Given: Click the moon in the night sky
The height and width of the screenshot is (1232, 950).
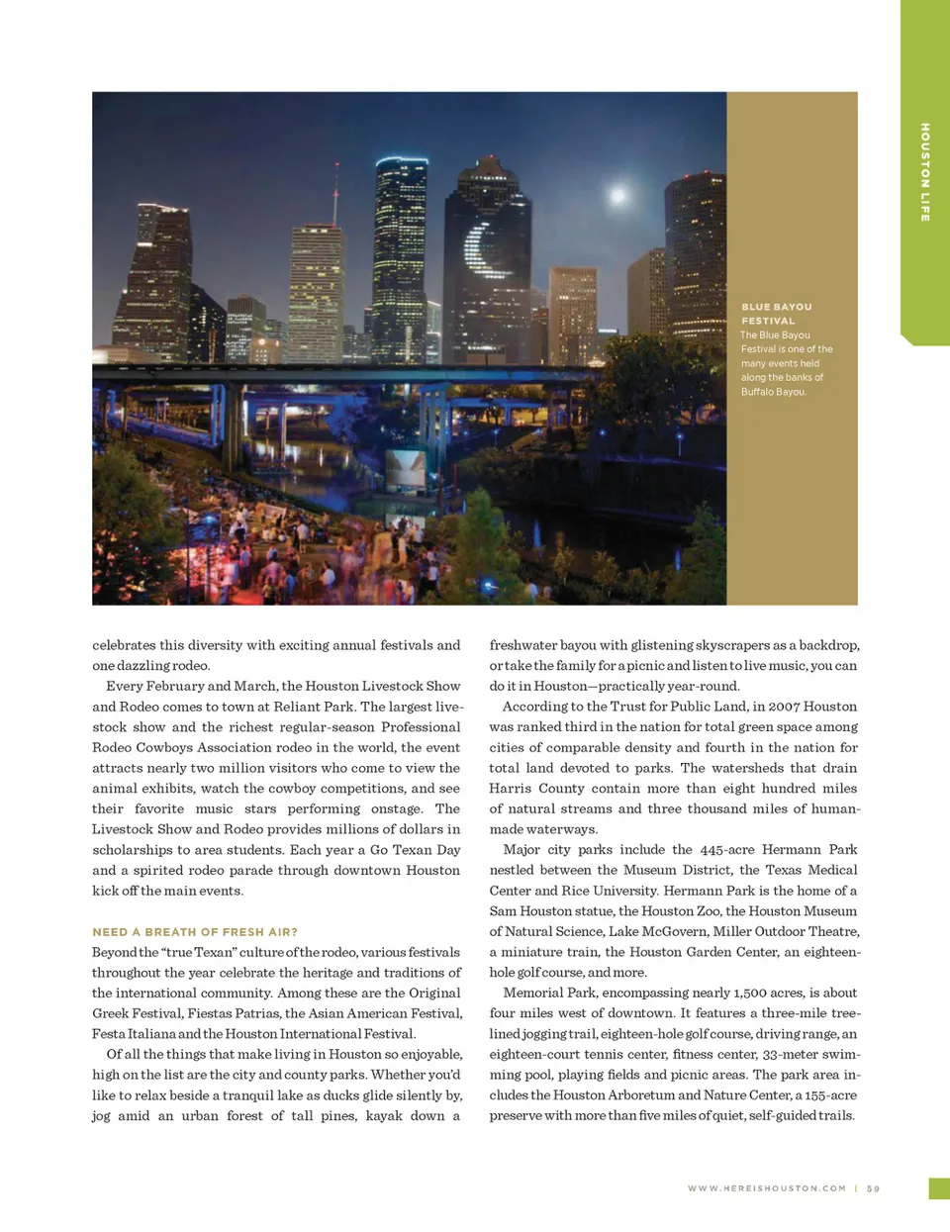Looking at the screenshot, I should point(618,195).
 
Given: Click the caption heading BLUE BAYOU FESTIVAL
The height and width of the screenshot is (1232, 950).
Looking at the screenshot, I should point(777,314).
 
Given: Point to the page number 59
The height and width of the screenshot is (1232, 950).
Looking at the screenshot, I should point(873,1188).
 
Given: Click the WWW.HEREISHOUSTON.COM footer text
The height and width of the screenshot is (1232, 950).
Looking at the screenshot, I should point(767,1188).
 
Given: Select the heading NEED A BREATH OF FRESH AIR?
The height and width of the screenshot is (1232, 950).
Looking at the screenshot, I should point(195,932).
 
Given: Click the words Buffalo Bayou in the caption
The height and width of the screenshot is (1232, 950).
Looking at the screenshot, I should point(774,392).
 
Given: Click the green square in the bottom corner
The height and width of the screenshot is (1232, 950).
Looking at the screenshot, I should point(939,1188).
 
